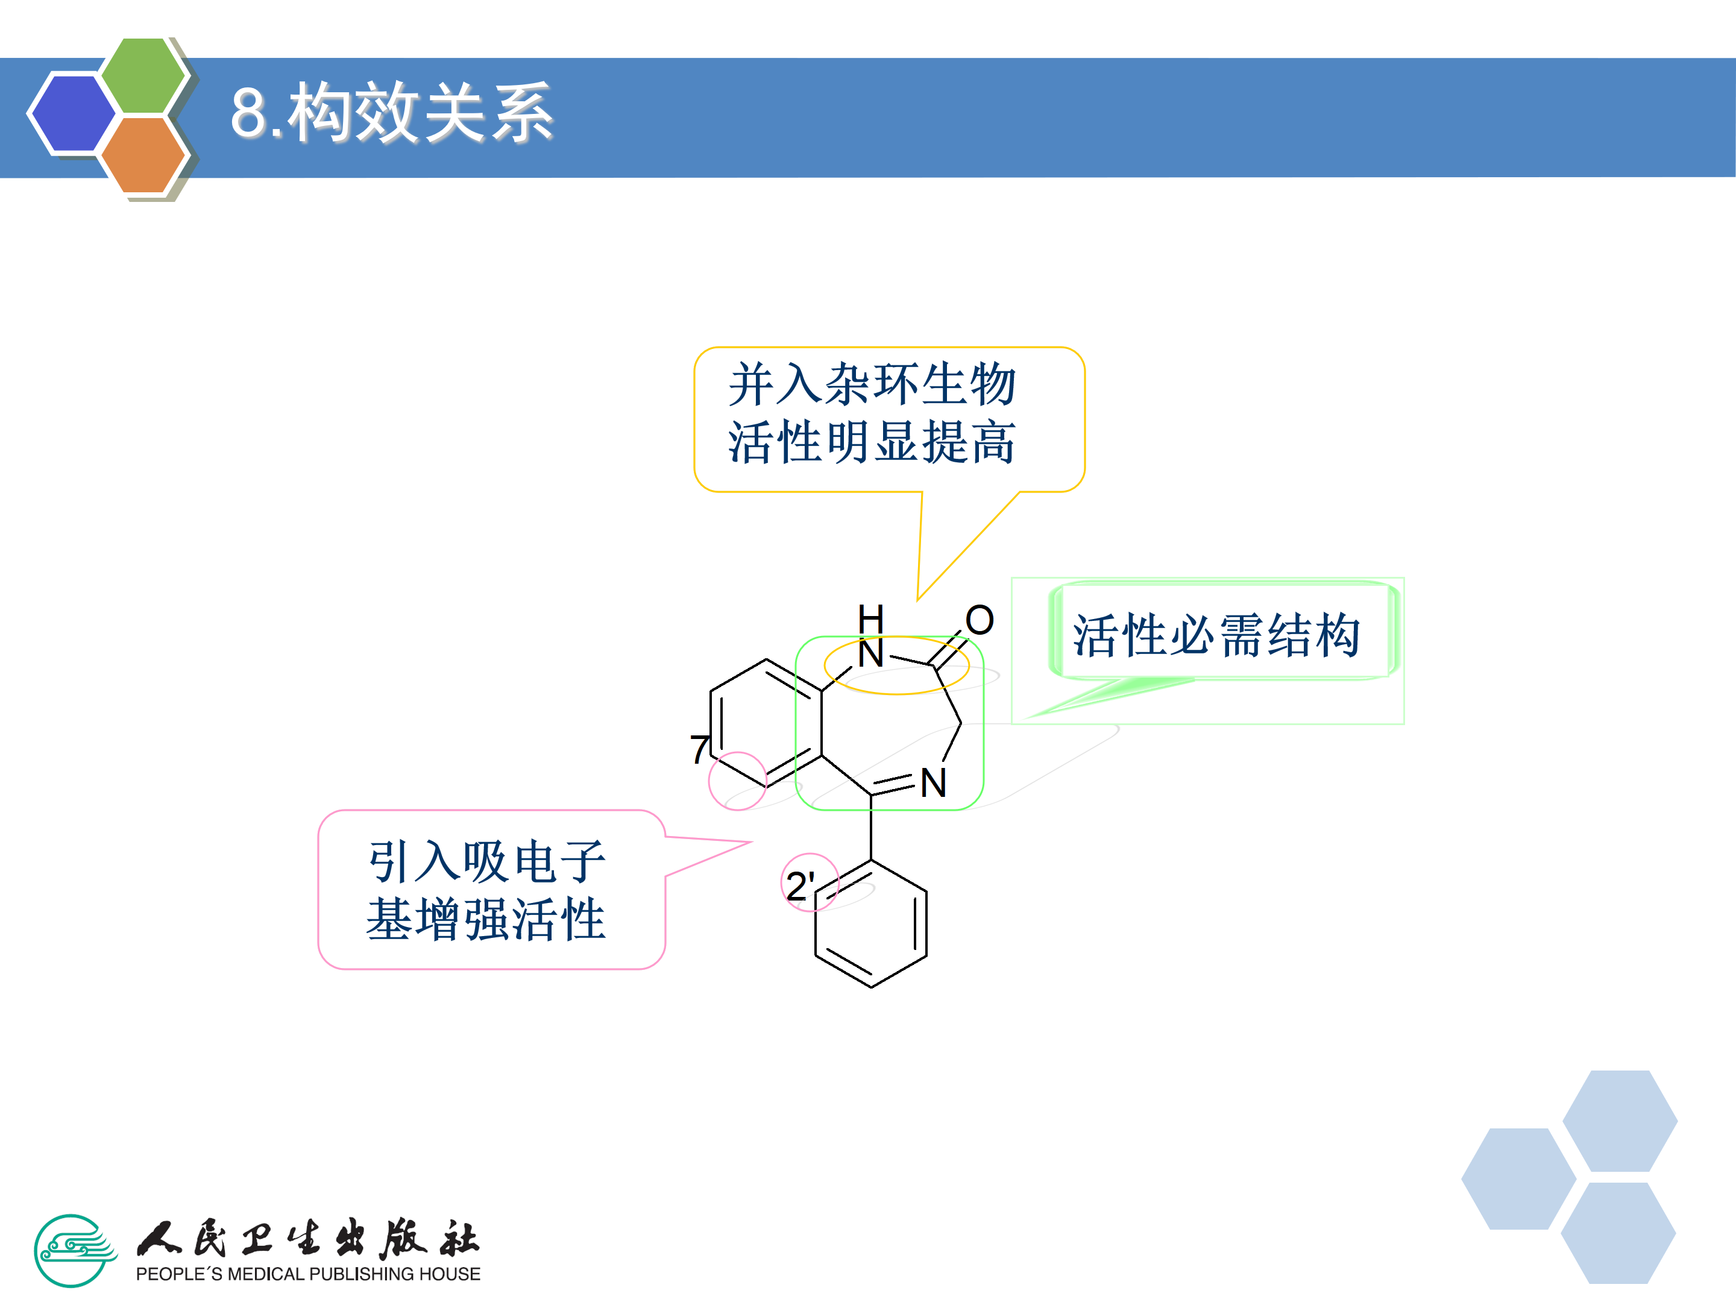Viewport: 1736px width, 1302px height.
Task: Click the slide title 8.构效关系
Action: coord(392,114)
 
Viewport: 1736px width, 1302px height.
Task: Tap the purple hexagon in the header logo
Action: coord(72,112)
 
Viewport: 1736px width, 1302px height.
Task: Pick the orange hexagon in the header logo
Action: coord(143,154)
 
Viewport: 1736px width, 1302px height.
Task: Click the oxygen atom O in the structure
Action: coord(980,620)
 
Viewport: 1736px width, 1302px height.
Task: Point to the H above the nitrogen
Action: coord(870,618)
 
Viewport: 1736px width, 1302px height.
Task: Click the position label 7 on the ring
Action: coord(699,749)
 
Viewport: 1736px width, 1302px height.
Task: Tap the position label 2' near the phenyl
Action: coord(800,886)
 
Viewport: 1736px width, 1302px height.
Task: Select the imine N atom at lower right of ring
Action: coord(933,783)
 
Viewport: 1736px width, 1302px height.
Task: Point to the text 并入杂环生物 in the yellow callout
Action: coord(872,385)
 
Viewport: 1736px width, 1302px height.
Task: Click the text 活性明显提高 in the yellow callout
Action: coord(872,442)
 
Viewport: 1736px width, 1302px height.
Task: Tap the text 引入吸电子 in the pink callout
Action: coord(486,861)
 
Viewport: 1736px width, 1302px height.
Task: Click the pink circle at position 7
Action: coord(737,781)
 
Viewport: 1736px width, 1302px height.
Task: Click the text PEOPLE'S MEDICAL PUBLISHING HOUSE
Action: coord(307,1274)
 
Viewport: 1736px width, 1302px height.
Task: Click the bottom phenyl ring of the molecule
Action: coord(871,923)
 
